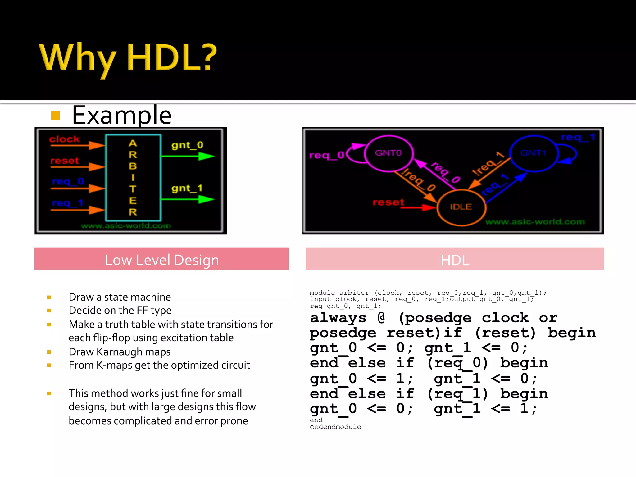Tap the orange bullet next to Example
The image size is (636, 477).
(55, 116)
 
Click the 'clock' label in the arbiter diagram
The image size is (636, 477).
(64, 139)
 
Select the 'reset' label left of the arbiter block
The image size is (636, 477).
(65, 161)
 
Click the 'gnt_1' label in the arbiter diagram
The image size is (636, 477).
(187, 188)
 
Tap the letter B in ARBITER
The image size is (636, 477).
(133, 166)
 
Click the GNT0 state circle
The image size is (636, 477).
(388, 153)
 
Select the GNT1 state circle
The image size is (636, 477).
(533, 153)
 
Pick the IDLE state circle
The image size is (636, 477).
(461, 207)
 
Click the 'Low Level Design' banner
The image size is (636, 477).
(161, 260)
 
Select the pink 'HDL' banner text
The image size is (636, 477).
(455, 260)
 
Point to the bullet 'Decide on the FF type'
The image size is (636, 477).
(120, 310)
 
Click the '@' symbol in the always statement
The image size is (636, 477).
(381, 317)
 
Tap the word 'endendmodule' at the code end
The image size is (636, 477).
(335, 427)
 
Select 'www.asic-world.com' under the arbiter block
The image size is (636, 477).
(126, 226)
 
